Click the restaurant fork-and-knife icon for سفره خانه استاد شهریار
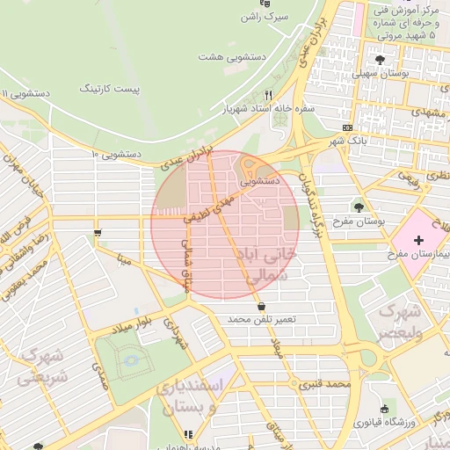269,94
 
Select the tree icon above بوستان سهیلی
380,60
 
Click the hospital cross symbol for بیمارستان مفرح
418,239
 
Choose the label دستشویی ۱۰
116,154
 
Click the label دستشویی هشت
234,57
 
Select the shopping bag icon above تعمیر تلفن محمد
262,305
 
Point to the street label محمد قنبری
323,385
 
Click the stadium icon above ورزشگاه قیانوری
384,409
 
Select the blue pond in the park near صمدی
131,359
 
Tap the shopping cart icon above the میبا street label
97,234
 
